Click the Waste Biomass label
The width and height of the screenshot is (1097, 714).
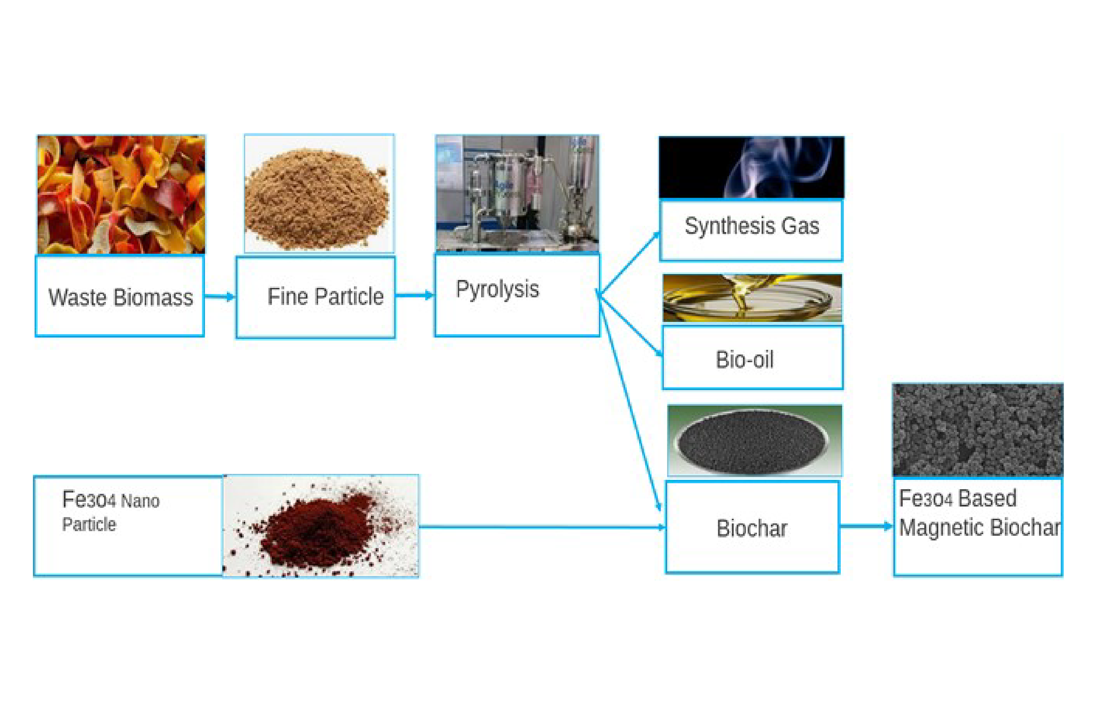[121, 297]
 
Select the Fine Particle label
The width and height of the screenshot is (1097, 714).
[325, 296]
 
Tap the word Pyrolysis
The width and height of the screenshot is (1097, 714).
[497, 290]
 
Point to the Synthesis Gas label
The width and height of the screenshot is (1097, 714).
[752, 226]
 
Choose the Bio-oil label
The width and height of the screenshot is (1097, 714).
[744, 360]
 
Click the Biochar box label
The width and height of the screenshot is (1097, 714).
[752, 528]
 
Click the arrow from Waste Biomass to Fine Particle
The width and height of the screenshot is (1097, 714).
[220, 297]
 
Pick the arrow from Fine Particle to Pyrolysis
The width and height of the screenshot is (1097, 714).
[415, 296]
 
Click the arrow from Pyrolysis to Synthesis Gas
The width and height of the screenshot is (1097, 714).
[629, 263]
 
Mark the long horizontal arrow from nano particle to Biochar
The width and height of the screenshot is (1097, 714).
[542, 527]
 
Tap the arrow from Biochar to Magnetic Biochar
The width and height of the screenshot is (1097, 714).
[866, 526]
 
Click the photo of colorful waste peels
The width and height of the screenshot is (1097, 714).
[121, 195]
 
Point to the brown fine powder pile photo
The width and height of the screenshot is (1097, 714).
[319, 194]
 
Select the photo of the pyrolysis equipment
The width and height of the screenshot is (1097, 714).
[517, 193]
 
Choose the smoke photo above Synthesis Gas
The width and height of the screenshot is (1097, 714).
[751, 167]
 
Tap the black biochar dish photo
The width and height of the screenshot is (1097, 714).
[755, 440]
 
